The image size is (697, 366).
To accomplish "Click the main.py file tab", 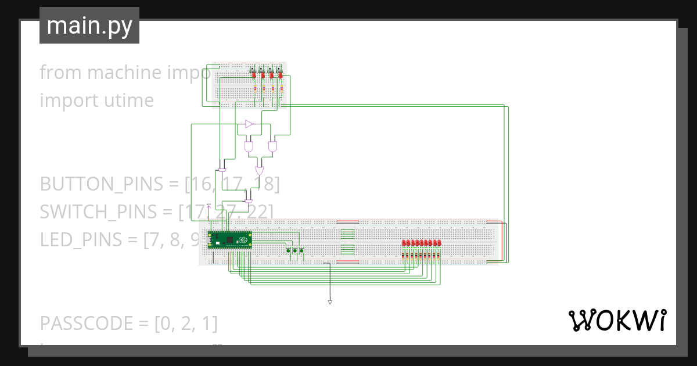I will pyautogui.click(x=89, y=26).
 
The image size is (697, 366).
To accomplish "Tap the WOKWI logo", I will pyautogui.click(x=617, y=320).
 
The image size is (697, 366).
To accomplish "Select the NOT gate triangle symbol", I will pyautogui.click(x=249, y=124).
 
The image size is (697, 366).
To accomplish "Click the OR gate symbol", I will pyautogui.click(x=259, y=171).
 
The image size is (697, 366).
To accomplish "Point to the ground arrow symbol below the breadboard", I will pyautogui.click(x=330, y=302).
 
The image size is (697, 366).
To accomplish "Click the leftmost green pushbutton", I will pyautogui.click(x=289, y=251).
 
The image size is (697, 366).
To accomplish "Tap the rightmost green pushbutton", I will pyautogui.click(x=301, y=251).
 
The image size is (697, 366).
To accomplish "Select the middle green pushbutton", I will pyautogui.click(x=295, y=251).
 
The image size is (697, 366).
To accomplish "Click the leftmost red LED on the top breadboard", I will pyautogui.click(x=254, y=74).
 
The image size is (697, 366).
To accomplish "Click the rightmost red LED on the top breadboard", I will pyautogui.click(x=280, y=74).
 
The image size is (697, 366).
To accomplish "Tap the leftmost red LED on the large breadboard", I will pyautogui.click(x=404, y=242).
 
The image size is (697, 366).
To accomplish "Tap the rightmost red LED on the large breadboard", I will pyautogui.click(x=440, y=242).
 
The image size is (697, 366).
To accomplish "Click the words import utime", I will pyautogui.click(x=96, y=101).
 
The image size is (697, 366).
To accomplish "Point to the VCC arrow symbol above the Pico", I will pyautogui.click(x=209, y=206).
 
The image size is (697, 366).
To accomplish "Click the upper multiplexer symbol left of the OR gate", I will pyautogui.click(x=222, y=169).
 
